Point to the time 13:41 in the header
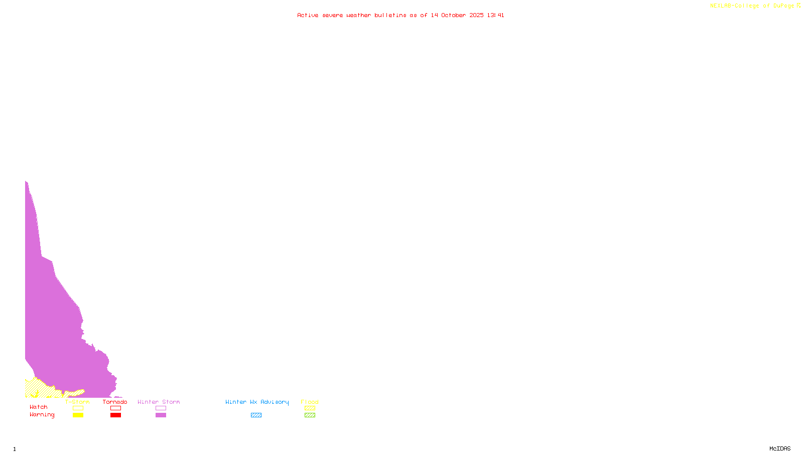click(495, 15)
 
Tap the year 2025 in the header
click(477, 15)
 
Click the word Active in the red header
click(308, 15)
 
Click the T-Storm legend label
click(77, 402)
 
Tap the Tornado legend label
click(115, 402)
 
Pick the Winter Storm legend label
click(159, 402)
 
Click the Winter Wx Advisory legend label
click(257, 402)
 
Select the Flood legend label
click(310, 402)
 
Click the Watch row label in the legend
click(39, 407)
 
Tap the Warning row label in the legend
click(42, 415)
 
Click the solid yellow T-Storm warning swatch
click(78, 415)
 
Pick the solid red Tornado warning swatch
click(115, 415)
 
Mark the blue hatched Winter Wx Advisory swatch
click(256, 415)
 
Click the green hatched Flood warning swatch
click(310, 415)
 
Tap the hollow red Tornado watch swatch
click(115, 408)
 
